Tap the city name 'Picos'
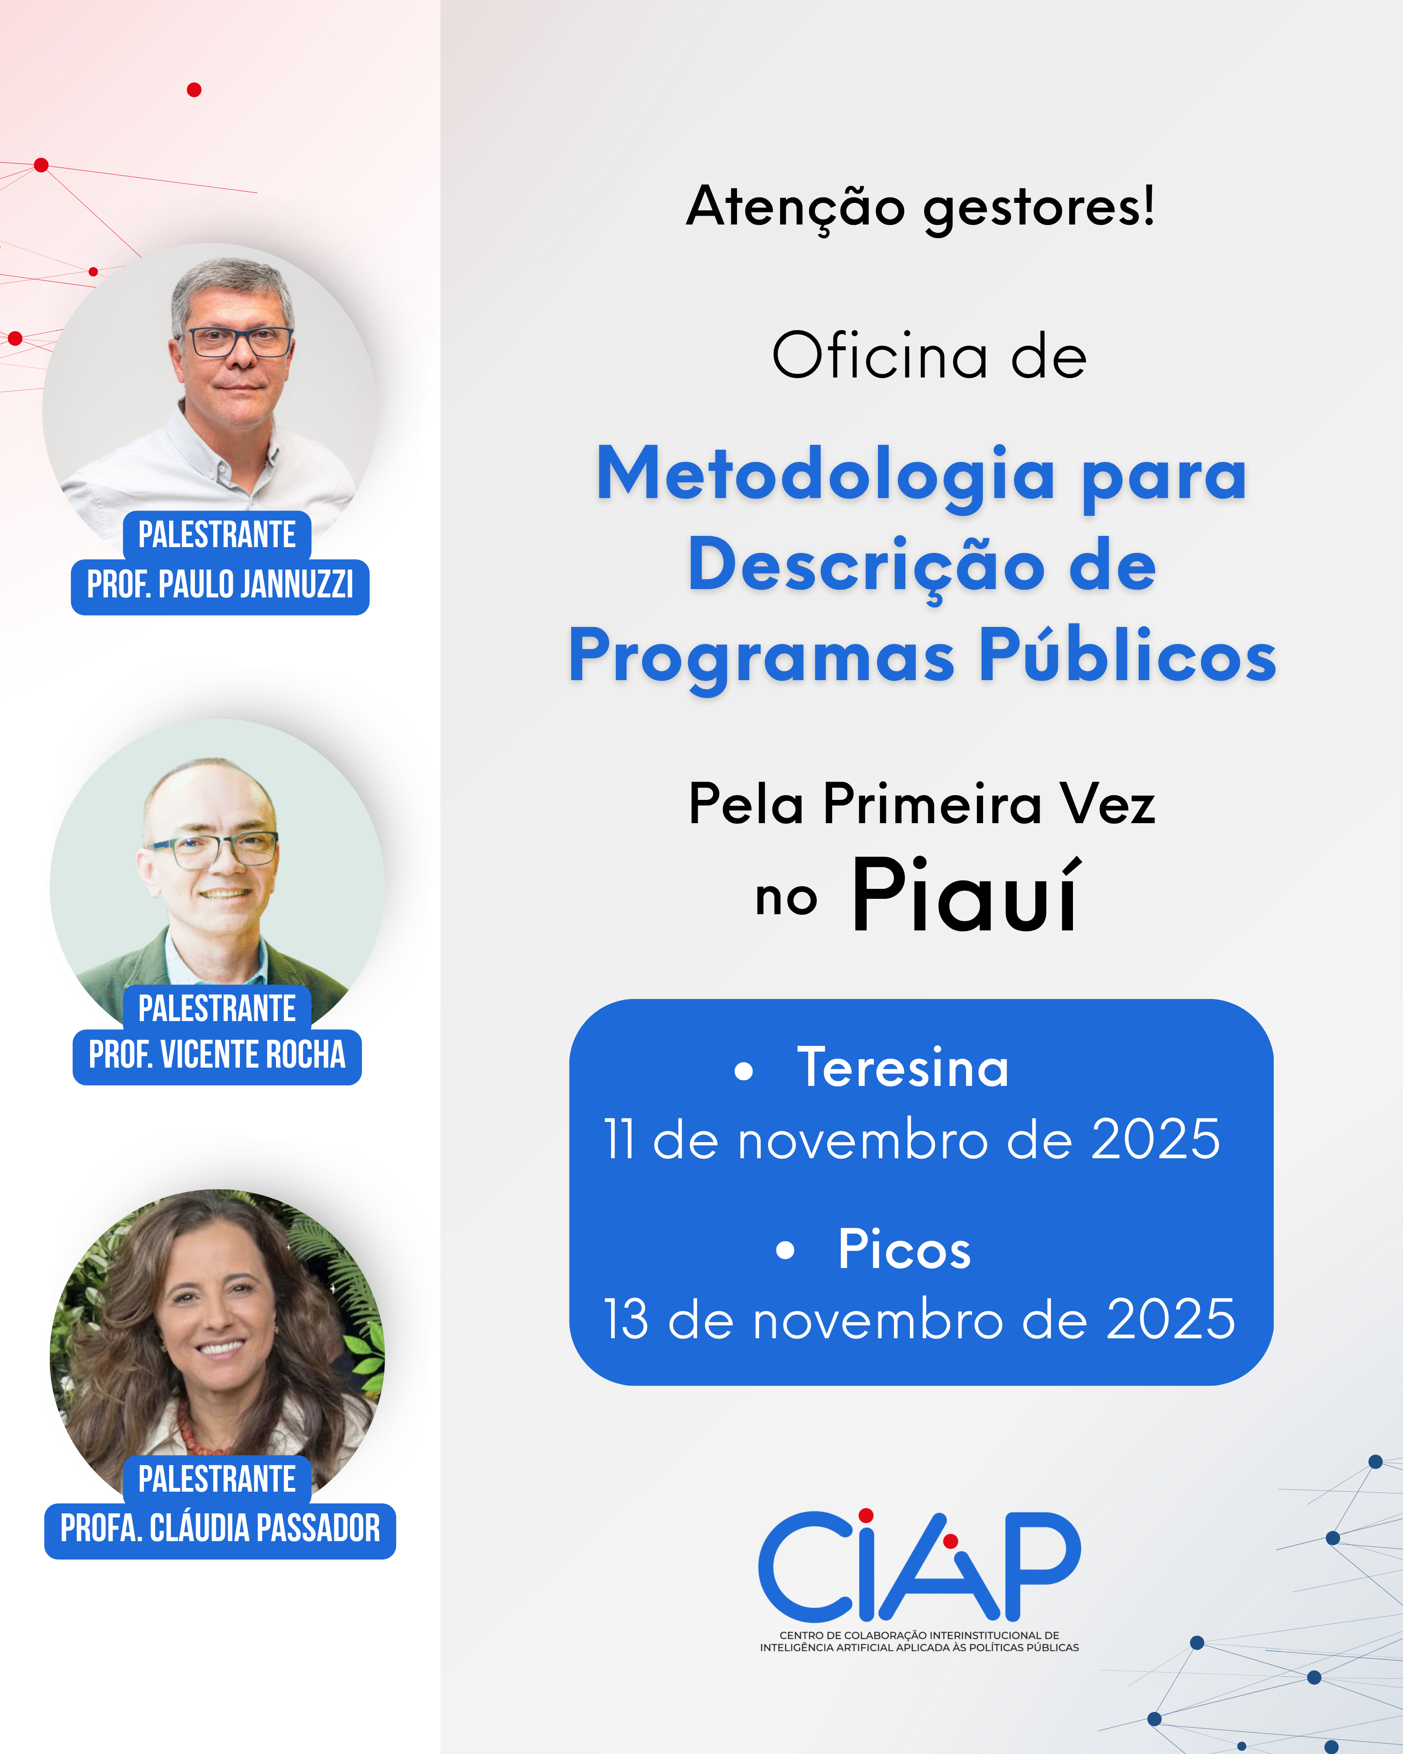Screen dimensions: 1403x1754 point(905,1249)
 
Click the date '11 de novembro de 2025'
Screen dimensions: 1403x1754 point(912,1139)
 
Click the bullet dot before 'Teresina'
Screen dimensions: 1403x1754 point(743,1071)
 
